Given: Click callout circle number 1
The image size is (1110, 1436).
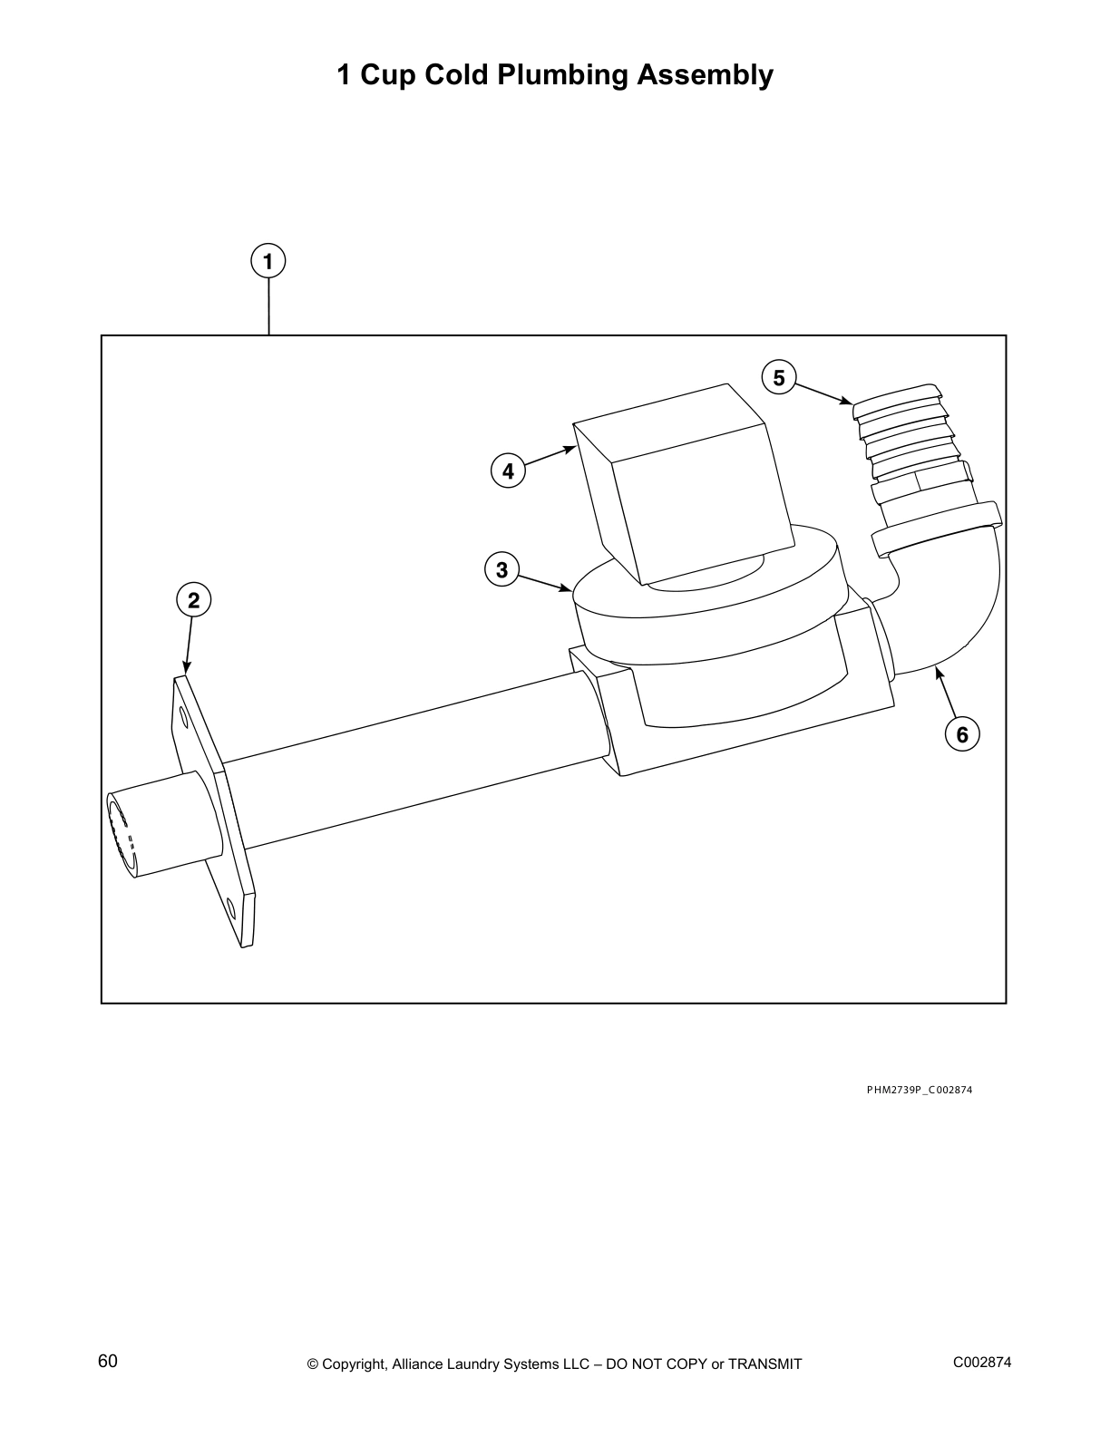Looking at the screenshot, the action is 268,262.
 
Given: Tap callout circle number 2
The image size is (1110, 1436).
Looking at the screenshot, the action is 193,600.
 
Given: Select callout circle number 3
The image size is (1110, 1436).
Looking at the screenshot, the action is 501,570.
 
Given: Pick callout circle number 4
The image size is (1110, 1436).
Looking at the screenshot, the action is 508,471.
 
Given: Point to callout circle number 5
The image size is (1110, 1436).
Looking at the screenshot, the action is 779,377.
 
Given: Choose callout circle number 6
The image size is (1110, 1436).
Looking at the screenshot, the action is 962,734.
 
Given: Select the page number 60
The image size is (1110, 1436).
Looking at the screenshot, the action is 108,1362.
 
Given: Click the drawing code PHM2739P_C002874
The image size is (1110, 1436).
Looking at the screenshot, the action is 919,1090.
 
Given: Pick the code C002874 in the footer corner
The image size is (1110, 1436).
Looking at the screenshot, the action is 981,1362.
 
